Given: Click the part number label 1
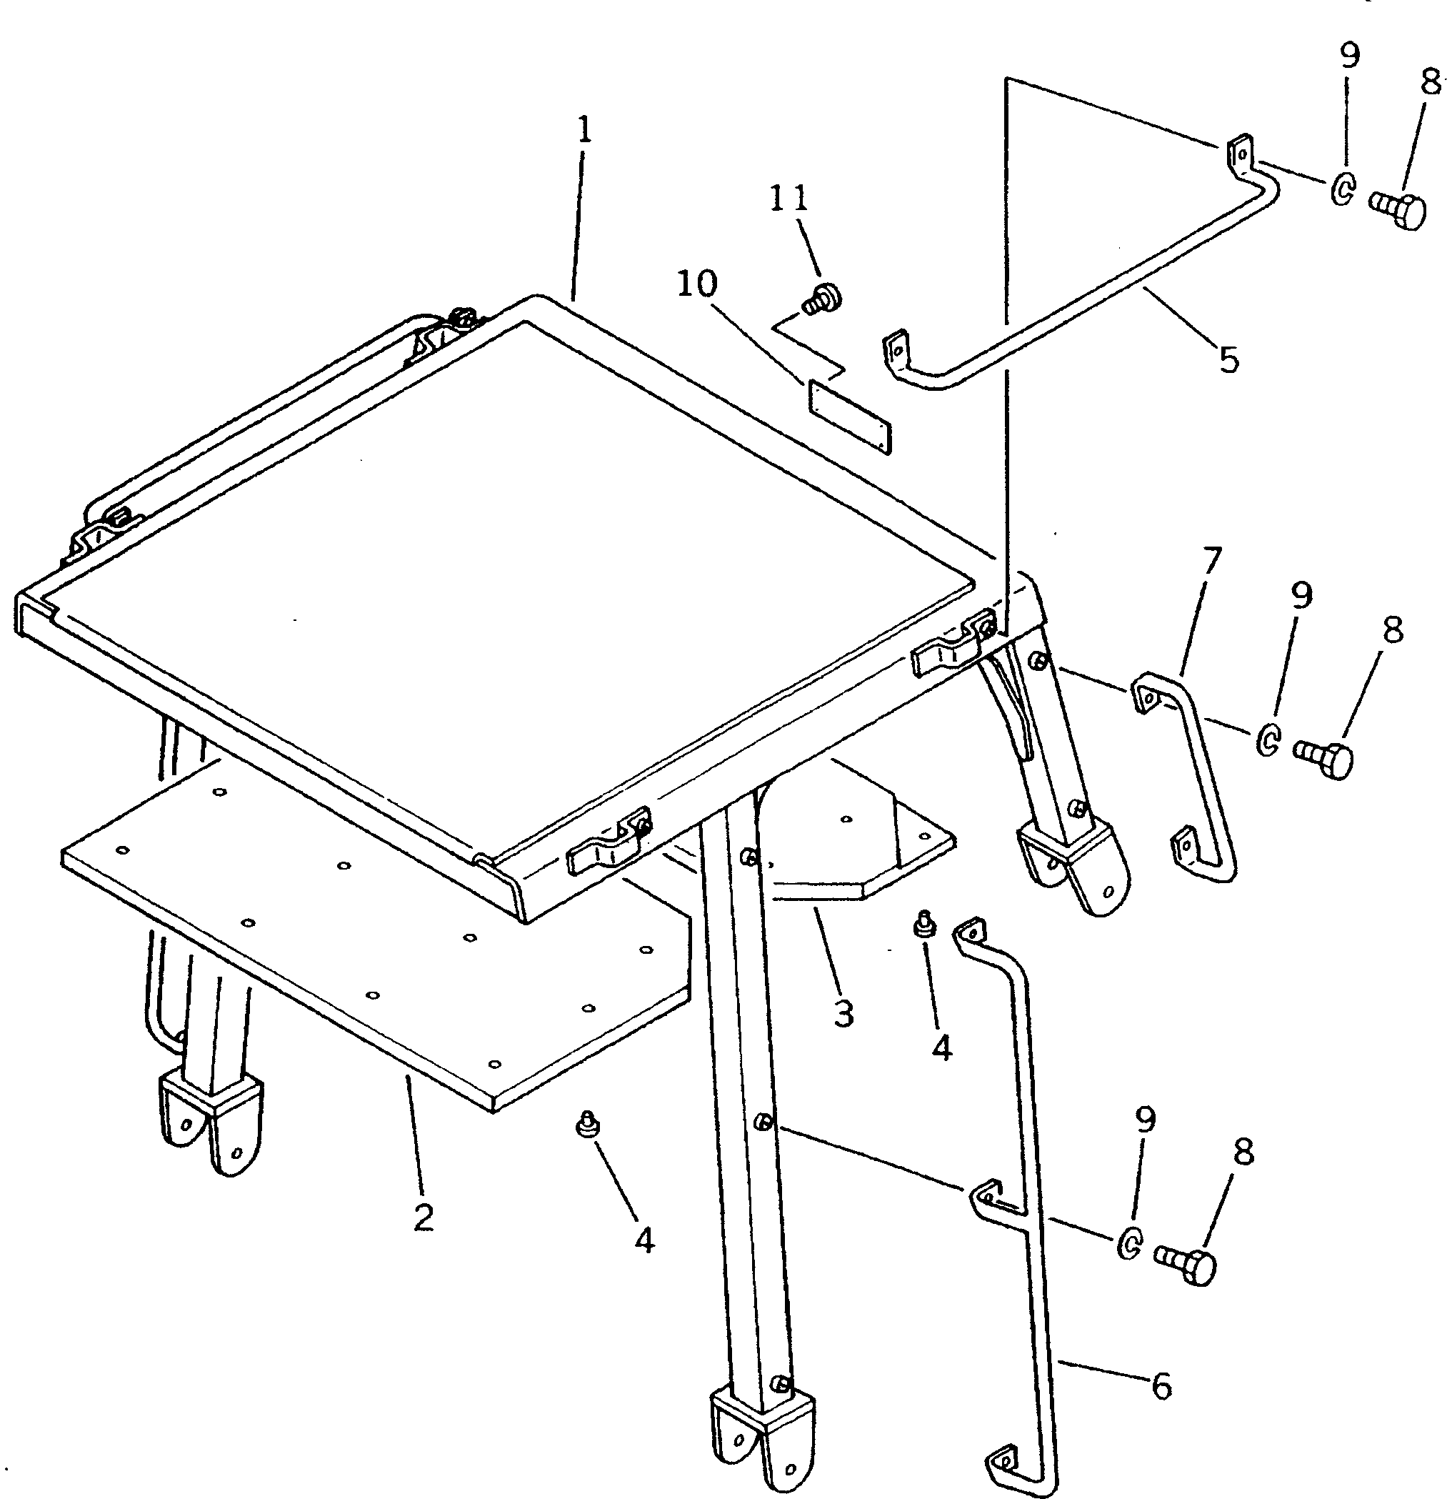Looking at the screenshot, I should [584, 130].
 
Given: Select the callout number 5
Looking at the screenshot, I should [1228, 359].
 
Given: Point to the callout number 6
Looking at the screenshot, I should [1161, 1386].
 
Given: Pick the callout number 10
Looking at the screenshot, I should [696, 284].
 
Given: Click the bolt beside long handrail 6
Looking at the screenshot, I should [1186, 1268].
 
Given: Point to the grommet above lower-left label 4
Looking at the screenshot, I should [587, 1125].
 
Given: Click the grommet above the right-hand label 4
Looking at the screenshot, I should [925, 924].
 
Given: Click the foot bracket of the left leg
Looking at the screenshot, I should [209, 1120].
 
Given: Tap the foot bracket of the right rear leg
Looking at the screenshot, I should [1073, 865].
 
